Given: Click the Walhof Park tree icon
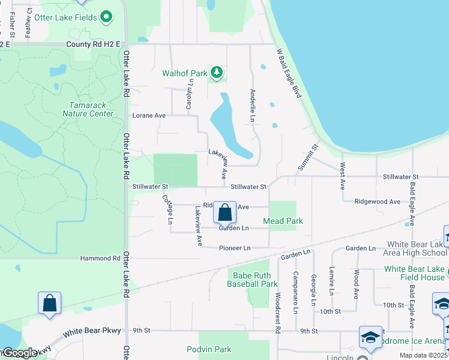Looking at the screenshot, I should (217, 74).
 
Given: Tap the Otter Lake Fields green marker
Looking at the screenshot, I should (107, 17).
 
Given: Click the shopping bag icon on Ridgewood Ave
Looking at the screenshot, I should (224, 212).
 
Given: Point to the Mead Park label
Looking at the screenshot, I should (283, 221).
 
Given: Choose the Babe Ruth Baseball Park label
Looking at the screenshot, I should (252, 280).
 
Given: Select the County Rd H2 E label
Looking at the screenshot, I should (93, 44).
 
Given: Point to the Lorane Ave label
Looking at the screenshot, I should (148, 115).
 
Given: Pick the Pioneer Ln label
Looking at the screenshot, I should (234, 248).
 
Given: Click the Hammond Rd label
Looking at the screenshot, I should (100, 258).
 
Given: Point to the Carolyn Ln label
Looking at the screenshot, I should (189, 95).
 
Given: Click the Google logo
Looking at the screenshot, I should (19, 353).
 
